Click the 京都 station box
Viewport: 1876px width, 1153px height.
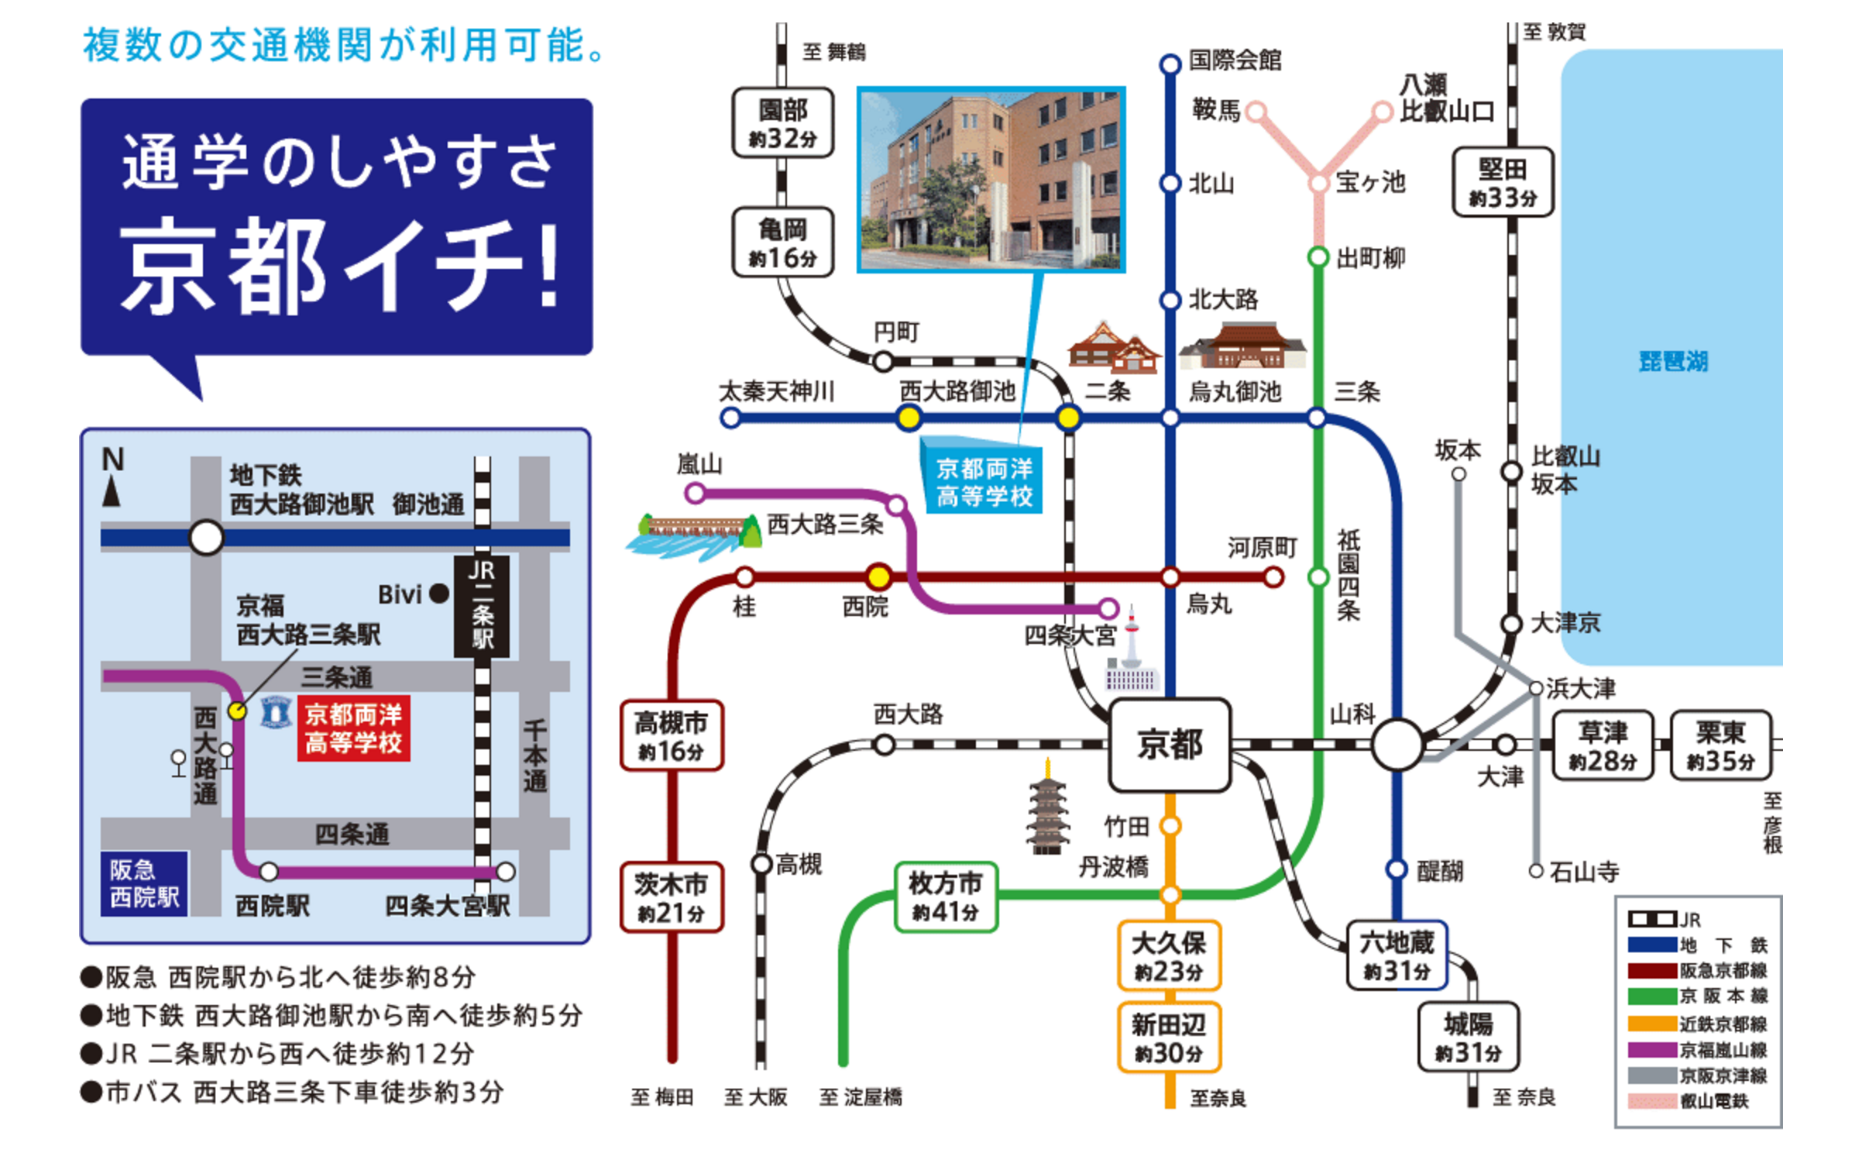[1170, 745]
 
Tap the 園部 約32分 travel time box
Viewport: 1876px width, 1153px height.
[782, 123]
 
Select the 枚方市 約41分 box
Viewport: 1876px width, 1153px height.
[945, 897]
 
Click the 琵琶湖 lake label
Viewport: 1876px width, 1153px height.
[1673, 361]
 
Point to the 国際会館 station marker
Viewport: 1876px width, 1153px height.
[1170, 64]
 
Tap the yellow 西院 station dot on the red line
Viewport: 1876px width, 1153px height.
[878, 576]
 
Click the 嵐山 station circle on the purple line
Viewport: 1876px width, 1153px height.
[695, 493]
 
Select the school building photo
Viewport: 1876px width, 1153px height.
[991, 180]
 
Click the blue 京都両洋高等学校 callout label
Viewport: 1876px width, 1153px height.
[984, 482]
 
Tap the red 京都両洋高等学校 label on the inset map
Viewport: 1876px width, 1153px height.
[353, 728]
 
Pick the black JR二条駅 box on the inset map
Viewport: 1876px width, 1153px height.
[482, 605]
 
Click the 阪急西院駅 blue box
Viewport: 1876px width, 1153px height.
[144, 883]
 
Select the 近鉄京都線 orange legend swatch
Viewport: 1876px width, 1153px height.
[1652, 1024]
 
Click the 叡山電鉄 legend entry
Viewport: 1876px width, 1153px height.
[1696, 1101]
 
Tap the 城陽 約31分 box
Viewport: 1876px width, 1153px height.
[1468, 1037]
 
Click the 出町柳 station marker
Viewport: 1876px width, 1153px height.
[1318, 256]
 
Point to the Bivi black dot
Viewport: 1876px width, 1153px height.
[439, 594]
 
